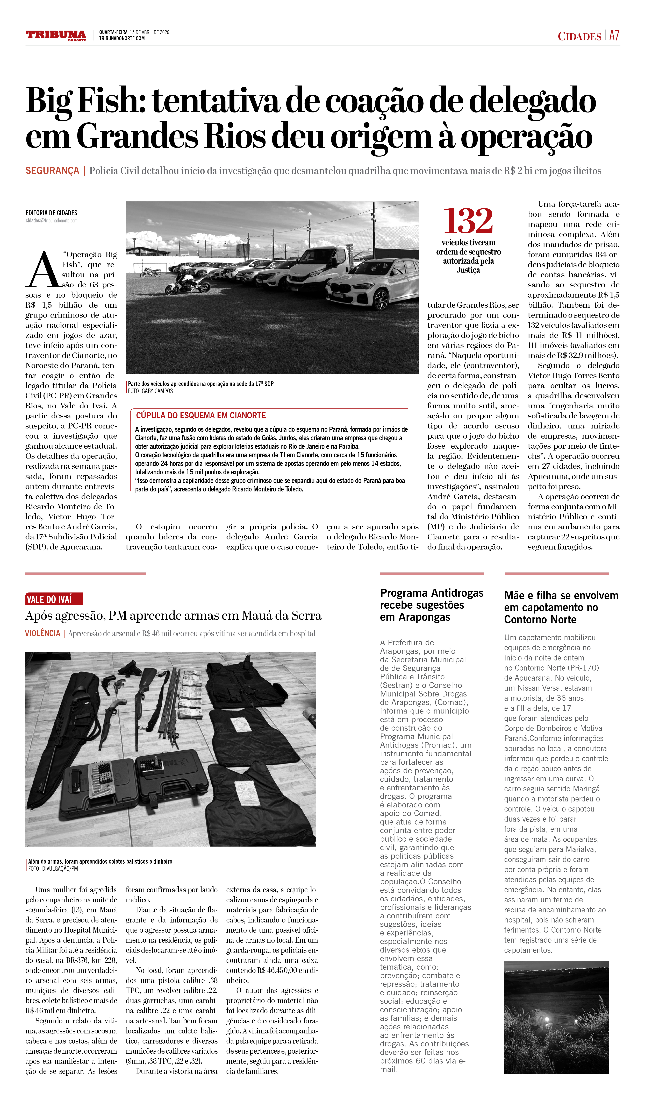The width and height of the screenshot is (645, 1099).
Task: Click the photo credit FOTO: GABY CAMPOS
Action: pyautogui.click(x=150, y=391)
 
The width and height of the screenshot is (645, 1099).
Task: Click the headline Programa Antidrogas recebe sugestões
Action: pyautogui.click(x=432, y=605)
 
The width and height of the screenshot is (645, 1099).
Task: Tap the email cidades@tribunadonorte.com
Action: pyautogui.click(x=51, y=221)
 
